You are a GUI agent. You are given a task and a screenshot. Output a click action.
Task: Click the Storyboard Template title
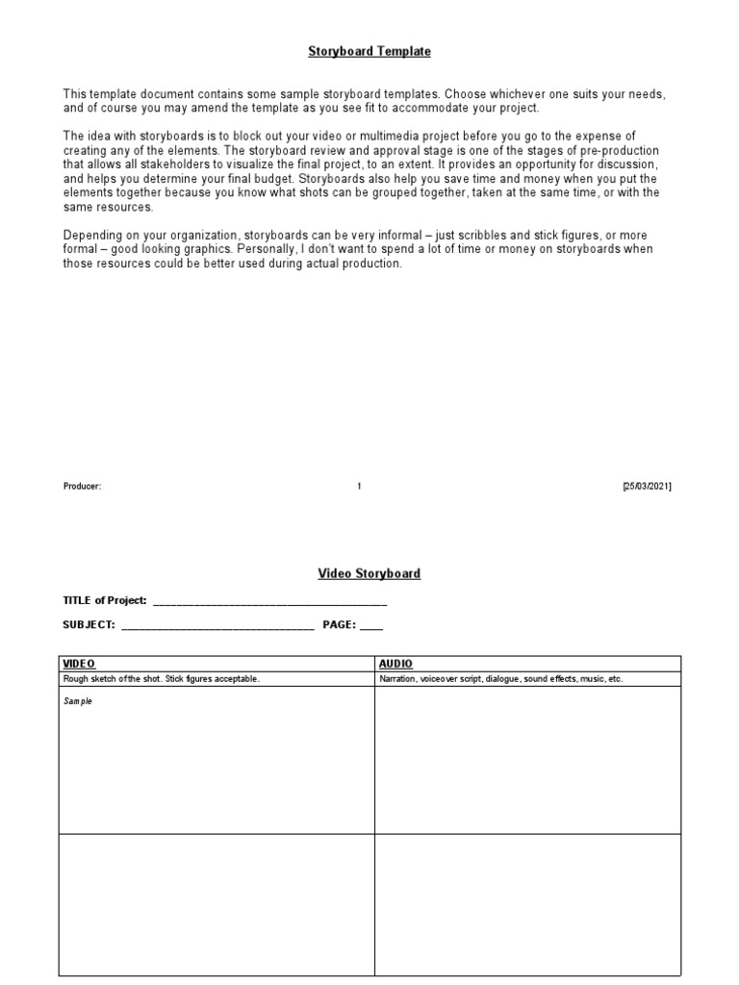click(369, 52)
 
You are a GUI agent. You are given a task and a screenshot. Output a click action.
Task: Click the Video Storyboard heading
click(369, 573)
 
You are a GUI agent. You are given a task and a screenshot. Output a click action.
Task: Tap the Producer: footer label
click(82, 487)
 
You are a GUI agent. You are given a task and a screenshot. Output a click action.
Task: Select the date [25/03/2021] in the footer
click(647, 487)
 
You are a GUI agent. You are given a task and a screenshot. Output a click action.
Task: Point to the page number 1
click(359, 487)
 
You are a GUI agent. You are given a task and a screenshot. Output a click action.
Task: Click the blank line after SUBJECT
click(217, 626)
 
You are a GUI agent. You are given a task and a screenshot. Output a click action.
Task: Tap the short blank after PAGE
click(370, 626)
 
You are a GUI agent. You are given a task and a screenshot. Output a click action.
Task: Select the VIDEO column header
click(79, 664)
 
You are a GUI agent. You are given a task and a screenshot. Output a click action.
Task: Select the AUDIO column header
click(395, 664)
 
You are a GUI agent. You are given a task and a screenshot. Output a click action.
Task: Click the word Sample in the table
click(78, 701)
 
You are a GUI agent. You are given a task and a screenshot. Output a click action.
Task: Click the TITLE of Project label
click(105, 600)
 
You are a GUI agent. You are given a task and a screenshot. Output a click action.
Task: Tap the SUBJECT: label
click(89, 624)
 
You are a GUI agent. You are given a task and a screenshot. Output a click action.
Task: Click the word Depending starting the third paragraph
click(91, 236)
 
